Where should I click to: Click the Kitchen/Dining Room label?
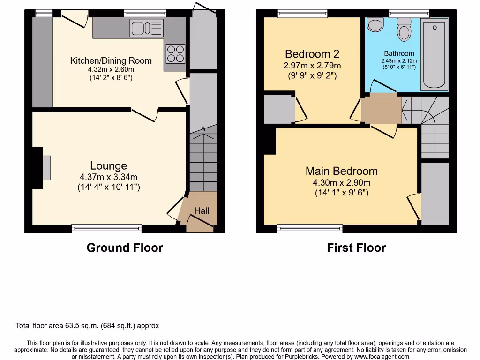pos(111,60)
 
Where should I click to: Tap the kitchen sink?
pos(147,28)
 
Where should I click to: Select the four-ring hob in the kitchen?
pos(175,52)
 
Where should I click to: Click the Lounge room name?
pos(109,166)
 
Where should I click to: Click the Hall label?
pos(202,211)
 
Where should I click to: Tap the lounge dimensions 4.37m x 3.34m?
pos(109,177)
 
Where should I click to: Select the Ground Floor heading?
pos(125,247)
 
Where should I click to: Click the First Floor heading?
pos(356,247)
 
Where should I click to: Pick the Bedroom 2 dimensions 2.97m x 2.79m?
pos(312,65)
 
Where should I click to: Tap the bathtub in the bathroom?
pos(434,54)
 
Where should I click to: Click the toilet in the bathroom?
pos(404,30)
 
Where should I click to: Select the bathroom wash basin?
pos(375,25)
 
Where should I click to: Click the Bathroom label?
pos(399,53)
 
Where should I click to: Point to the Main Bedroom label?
pos(341,171)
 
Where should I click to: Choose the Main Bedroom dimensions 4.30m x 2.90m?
pos(341,183)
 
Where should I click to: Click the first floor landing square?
pos(381,108)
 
